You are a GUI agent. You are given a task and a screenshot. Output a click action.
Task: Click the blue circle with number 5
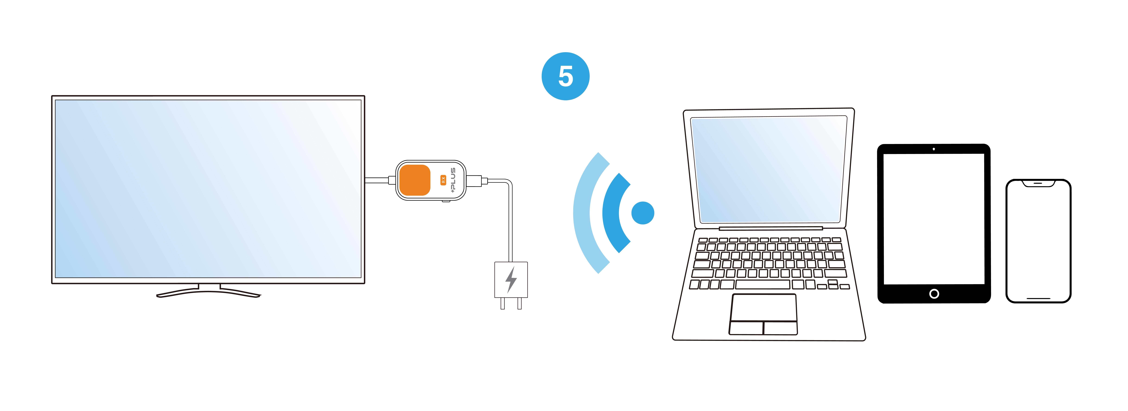(x=565, y=76)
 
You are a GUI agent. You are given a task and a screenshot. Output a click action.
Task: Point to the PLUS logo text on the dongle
(x=453, y=180)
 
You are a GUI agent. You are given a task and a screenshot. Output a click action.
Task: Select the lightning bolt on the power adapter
(x=511, y=280)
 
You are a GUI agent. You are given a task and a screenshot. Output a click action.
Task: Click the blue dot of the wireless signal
(x=642, y=213)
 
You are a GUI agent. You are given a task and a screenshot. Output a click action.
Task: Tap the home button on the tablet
(x=934, y=294)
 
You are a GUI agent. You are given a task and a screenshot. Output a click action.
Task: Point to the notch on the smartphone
(x=1038, y=183)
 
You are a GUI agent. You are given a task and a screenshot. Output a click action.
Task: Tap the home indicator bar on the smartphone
(x=1038, y=298)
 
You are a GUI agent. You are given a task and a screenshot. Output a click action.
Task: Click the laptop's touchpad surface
(x=763, y=308)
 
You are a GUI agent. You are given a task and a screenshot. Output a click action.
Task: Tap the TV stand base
(x=209, y=292)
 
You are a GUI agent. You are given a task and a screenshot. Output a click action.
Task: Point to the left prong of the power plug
(x=503, y=303)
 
